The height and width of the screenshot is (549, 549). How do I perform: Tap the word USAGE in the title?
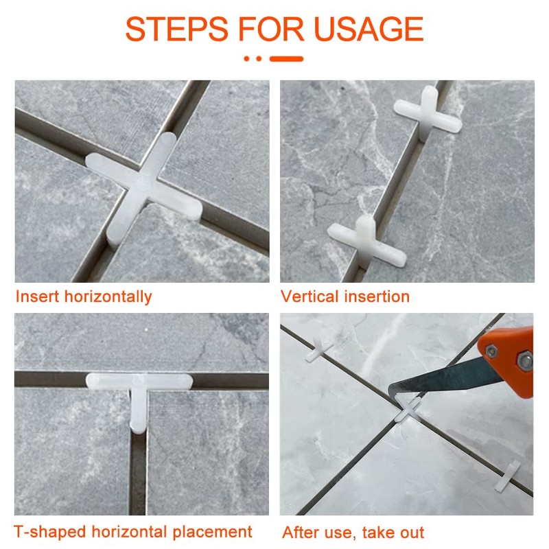(x=369, y=29)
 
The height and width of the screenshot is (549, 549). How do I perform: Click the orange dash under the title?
(x=286, y=59)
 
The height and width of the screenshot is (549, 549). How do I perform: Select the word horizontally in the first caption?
(x=108, y=297)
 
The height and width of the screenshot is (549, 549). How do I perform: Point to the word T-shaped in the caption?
(x=49, y=532)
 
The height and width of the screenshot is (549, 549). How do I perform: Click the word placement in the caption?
(x=212, y=532)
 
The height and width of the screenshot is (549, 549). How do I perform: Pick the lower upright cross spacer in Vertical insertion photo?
(x=366, y=242)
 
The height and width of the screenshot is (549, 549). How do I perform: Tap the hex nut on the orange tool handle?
(x=525, y=362)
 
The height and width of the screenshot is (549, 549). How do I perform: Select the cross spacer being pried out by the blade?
(x=408, y=410)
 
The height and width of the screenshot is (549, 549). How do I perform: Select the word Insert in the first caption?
(x=38, y=296)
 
